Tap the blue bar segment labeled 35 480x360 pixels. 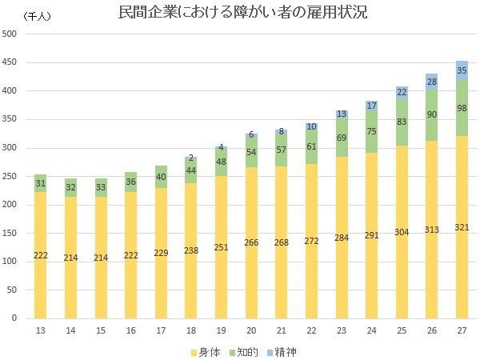pos(462,70)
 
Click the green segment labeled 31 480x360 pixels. pos(39,183)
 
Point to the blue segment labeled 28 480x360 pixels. pos(431,81)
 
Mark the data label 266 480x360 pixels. pos(250,246)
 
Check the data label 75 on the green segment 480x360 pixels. pos(371,132)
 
